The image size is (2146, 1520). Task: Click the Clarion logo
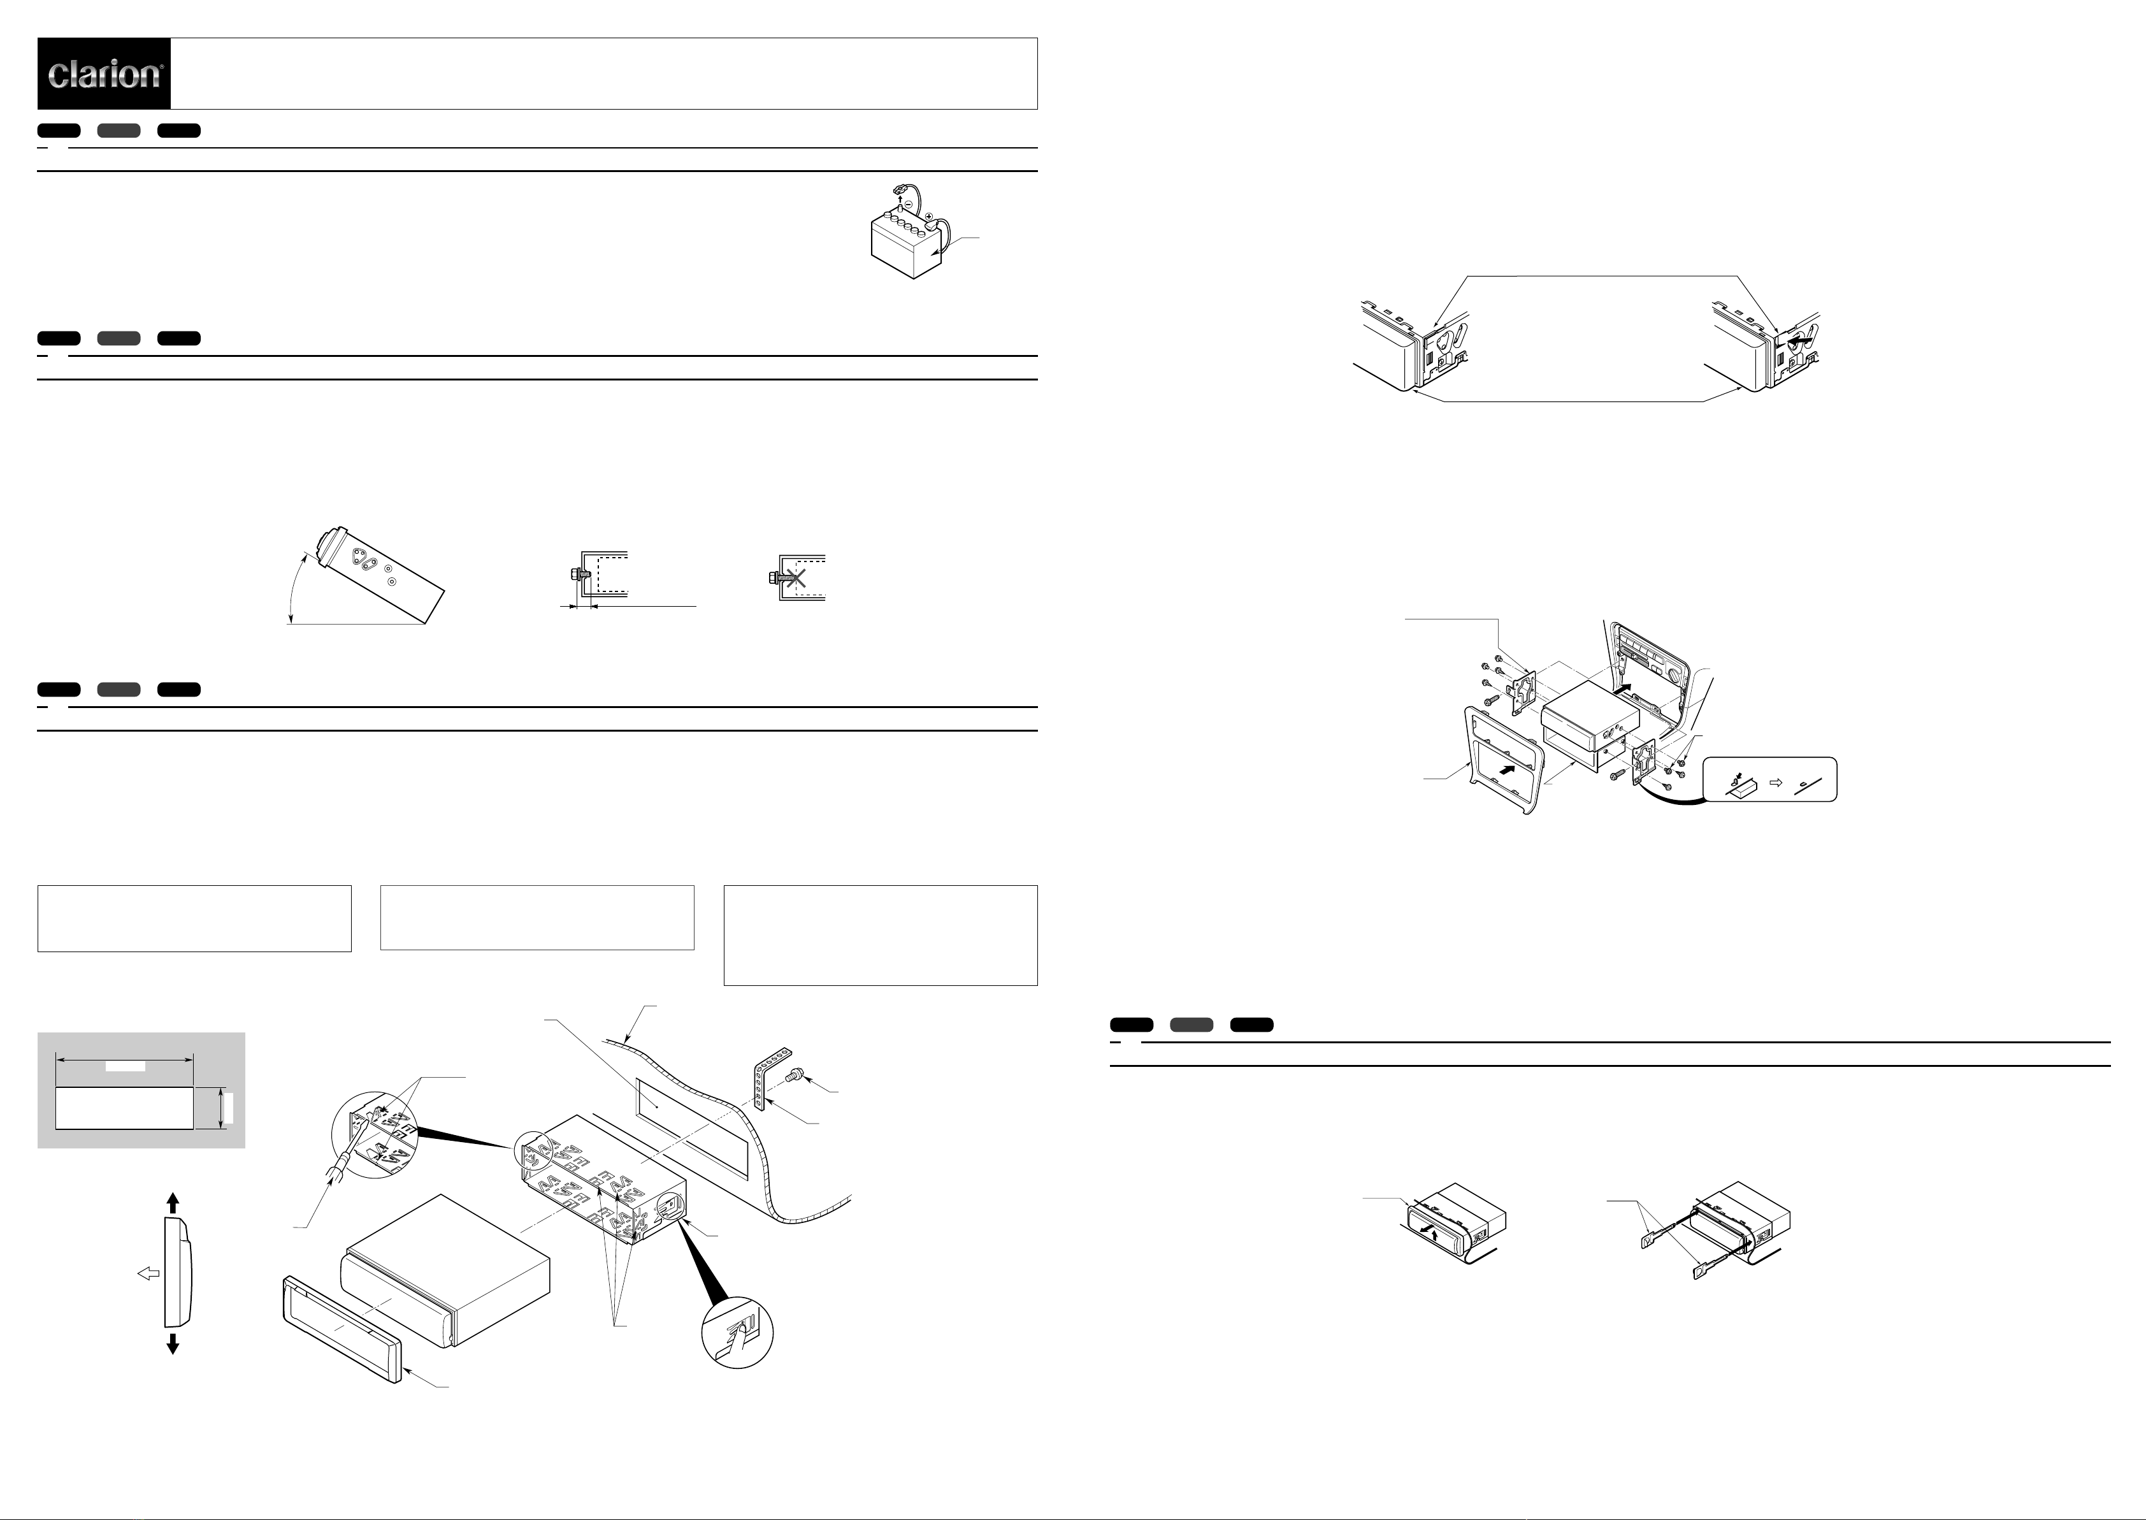(x=104, y=74)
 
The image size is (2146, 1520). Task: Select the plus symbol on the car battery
(x=929, y=217)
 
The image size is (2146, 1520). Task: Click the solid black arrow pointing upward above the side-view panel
(x=172, y=1204)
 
